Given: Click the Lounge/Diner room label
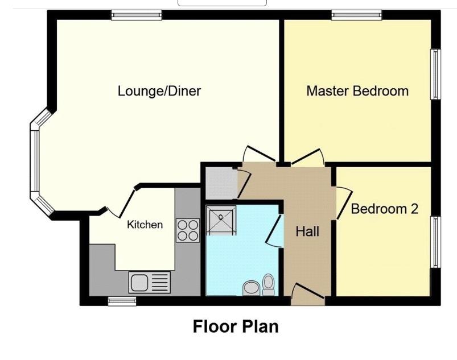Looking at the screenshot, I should [159, 91].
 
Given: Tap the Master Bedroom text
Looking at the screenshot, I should [357, 91].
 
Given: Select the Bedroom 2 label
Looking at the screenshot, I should [384, 209].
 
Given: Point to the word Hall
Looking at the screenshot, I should [307, 231].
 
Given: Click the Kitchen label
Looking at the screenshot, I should [145, 225].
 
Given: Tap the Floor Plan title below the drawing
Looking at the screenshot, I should [236, 327].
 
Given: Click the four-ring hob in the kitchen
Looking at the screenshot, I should [188, 230].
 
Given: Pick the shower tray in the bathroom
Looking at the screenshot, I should [221, 221].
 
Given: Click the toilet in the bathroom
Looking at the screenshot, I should [268, 284].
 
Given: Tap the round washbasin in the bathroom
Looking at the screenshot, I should [250, 288].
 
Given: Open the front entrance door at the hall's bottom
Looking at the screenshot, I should [307, 294].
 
